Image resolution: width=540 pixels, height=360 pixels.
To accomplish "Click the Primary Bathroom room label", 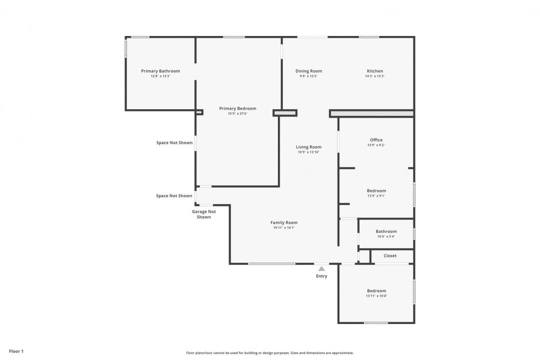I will click(160, 71).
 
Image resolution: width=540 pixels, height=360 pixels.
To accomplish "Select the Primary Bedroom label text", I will click(237, 108).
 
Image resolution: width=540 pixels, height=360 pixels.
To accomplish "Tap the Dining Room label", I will click(308, 71).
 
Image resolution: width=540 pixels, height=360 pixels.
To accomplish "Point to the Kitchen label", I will click(374, 71).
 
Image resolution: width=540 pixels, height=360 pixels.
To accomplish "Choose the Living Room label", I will click(308, 147).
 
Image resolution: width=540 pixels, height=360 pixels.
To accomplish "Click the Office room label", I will click(376, 140).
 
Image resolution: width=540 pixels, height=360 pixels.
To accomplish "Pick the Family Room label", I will click(284, 222).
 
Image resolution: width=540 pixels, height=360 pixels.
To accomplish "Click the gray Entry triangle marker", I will click(321, 268).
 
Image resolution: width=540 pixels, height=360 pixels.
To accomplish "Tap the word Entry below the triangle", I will click(321, 276).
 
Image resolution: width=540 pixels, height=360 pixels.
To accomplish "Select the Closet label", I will click(390, 255).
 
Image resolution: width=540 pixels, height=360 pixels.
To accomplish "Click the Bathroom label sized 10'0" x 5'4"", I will click(386, 231).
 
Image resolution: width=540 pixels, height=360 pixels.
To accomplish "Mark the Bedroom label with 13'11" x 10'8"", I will click(376, 291).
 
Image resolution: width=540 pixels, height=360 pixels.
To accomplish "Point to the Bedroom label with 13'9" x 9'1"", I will click(376, 190).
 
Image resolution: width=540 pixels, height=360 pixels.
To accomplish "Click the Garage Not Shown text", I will click(203, 214).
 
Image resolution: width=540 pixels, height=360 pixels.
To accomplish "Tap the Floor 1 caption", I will click(16, 351).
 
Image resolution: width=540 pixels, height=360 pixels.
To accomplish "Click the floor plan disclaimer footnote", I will click(269, 353).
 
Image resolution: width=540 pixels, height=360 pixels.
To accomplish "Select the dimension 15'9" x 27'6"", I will click(237, 113).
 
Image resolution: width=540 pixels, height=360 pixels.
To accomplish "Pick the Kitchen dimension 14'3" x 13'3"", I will click(374, 76).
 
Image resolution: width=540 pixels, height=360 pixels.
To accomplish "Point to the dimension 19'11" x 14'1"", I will click(284, 227).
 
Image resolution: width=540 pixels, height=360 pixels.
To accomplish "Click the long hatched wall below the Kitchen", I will click(371, 114).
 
